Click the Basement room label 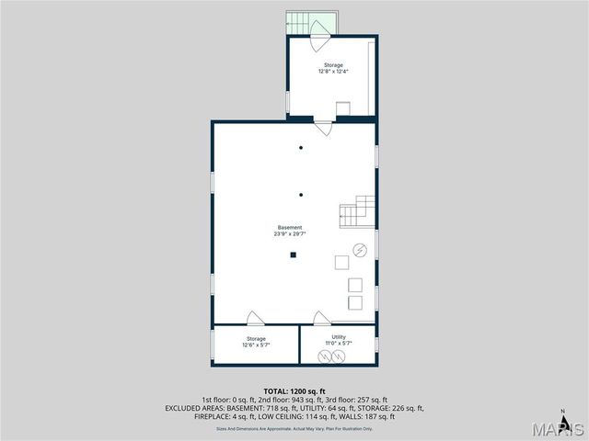pyautogui.click(x=290, y=227)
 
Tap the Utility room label pyautogui.click(x=338, y=337)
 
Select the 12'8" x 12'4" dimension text pyautogui.click(x=332, y=71)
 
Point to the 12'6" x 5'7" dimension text pyautogui.click(x=256, y=345)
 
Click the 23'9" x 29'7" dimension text pyautogui.click(x=290, y=233)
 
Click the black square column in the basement pyautogui.click(x=293, y=255)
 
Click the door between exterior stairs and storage pyautogui.click(x=318, y=41)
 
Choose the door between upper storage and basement pyautogui.click(x=323, y=127)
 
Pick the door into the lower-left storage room pyautogui.click(x=255, y=319)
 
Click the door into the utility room pyautogui.click(x=321, y=319)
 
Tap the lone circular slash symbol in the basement pyautogui.click(x=361, y=249)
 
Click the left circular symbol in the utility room pyautogui.click(x=324, y=356)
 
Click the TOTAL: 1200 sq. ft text pyautogui.click(x=294, y=391)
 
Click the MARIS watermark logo pyautogui.click(x=552, y=429)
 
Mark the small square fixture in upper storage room pyautogui.click(x=342, y=108)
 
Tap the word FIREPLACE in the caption pyautogui.click(x=214, y=416)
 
